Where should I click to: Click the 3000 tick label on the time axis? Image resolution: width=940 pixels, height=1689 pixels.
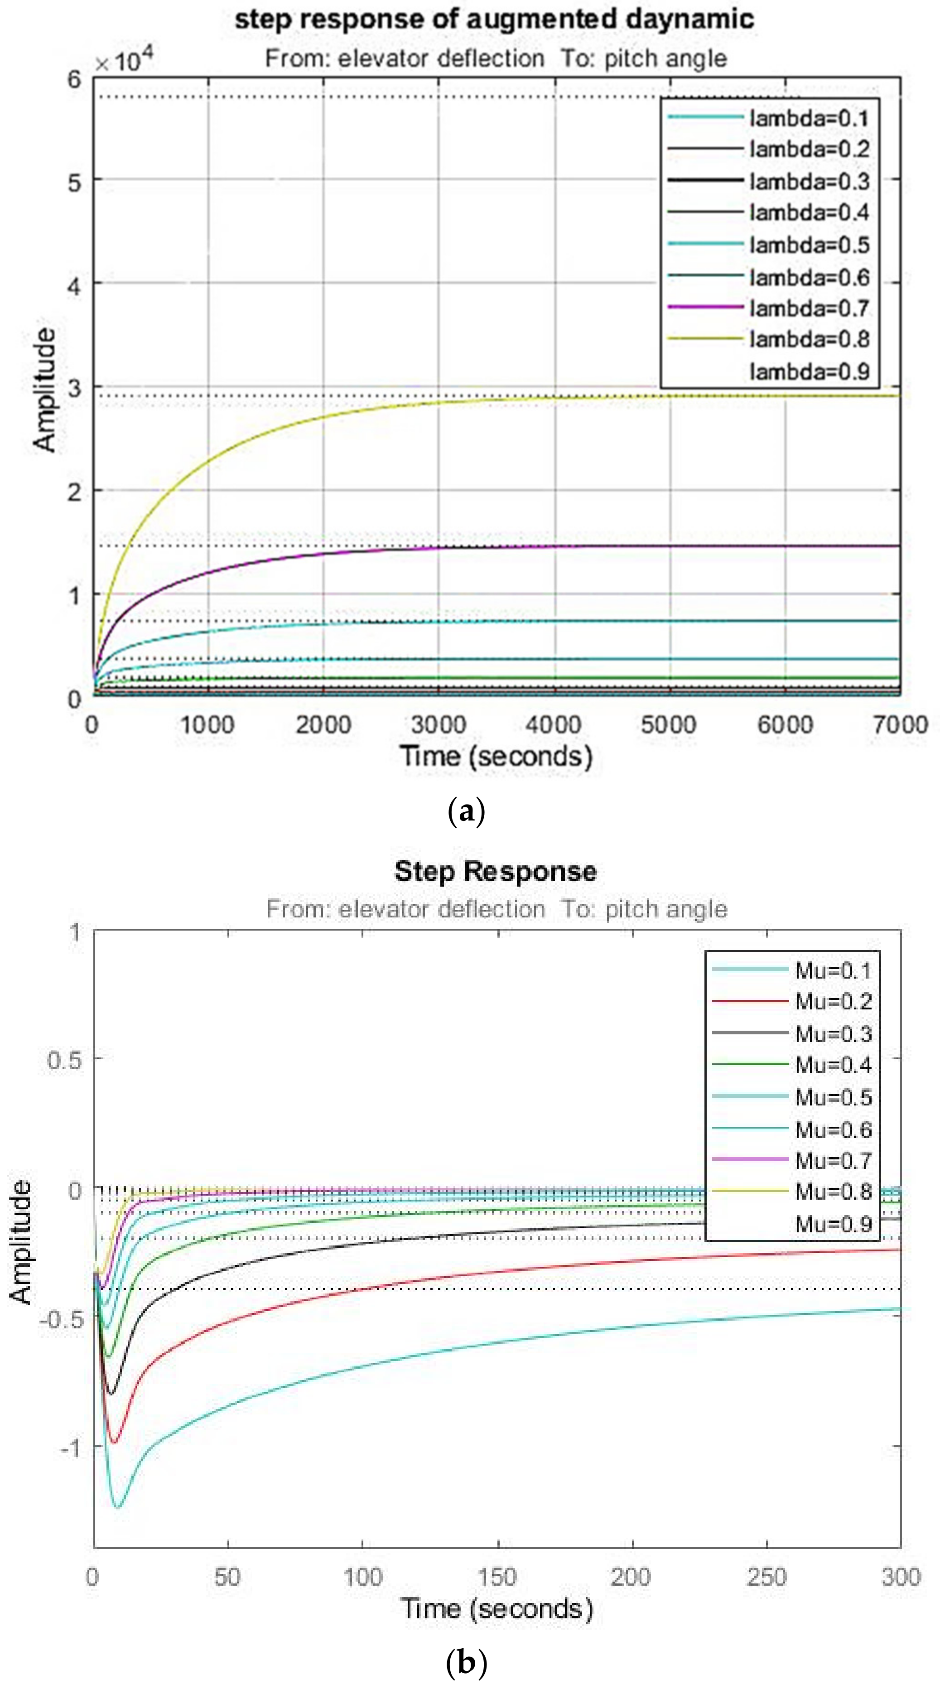[x=439, y=724]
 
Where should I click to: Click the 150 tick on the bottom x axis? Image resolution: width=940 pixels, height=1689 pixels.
[x=497, y=1577]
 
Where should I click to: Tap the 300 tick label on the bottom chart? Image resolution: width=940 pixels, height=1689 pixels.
[x=901, y=1577]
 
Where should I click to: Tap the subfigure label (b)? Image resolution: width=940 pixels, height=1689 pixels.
[x=466, y=1664]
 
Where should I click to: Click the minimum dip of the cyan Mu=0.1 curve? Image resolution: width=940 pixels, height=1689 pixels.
[x=118, y=1507]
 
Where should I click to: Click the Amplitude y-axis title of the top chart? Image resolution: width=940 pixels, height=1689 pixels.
[x=44, y=390]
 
